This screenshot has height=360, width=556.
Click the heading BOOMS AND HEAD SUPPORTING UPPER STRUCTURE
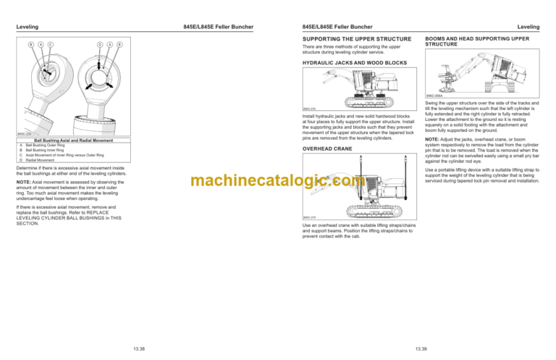tap(472, 42)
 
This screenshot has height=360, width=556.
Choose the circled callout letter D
tap(99, 45)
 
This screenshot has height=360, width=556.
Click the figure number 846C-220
tap(25, 133)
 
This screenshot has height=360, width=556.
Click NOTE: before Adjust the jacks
tap(434, 138)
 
